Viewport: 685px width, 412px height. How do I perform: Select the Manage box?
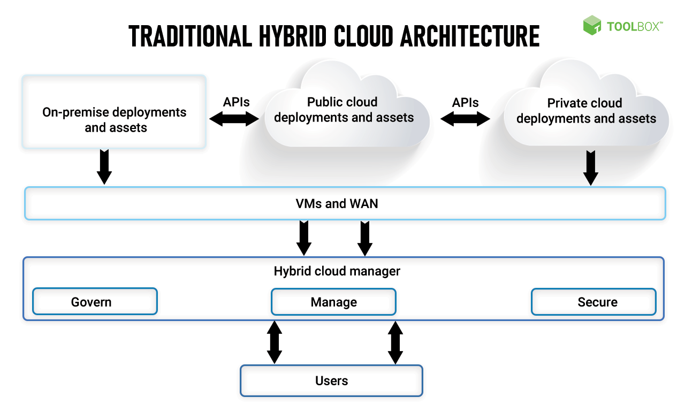pyautogui.click(x=333, y=302)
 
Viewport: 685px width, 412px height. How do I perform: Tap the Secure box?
pyautogui.click(x=593, y=302)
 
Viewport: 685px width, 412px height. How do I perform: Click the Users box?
pyautogui.click(x=331, y=380)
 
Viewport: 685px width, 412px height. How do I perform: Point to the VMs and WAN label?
pyautogui.click(x=337, y=203)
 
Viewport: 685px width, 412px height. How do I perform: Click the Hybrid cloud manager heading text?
pyautogui.click(x=337, y=271)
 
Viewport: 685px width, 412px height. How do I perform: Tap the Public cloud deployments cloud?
pyautogui.click(x=344, y=110)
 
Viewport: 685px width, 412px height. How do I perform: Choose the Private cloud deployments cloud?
pyautogui.click(x=585, y=111)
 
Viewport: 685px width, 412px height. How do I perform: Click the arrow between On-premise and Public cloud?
pyautogui.click(x=234, y=119)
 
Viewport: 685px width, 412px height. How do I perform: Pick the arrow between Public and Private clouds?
pyautogui.click(x=465, y=119)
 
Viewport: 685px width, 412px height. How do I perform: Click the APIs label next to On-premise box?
pyautogui.click(x=236, y=102)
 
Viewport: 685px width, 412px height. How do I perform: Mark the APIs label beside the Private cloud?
pyautogui.click(x=465, y=102)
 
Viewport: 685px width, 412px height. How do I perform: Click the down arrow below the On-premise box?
pyautogui.click(x=104, y=167)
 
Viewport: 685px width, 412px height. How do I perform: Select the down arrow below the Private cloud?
pyautogui.click(x=591, y=168)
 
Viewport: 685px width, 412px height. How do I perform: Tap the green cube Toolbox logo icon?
pyautogui.click(x=592, y=25)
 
